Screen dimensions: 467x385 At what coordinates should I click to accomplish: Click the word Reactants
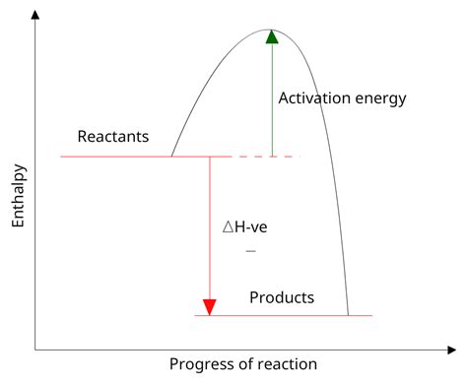click(113, 136)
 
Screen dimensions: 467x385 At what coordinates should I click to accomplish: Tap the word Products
click(282, 297)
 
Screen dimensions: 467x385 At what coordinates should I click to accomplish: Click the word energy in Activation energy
click(379, 99)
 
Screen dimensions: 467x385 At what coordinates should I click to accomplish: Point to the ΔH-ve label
click(244, 226)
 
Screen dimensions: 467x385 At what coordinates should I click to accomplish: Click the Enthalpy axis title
click(18, 196)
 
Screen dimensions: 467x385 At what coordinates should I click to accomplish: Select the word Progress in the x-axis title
click(201, 364)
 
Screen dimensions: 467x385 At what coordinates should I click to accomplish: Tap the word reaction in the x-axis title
click(286, 364)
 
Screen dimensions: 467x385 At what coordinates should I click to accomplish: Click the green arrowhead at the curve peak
click(272, 36)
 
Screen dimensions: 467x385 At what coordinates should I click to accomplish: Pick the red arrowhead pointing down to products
click(209, 306)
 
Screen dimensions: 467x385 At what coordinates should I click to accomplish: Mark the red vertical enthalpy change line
click(209, 226)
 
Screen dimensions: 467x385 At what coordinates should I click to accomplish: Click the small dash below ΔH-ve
click(250, 251)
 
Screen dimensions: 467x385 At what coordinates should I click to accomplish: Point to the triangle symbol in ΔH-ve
click(228, 226)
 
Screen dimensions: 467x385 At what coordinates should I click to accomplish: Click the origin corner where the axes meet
click(35, 349)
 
